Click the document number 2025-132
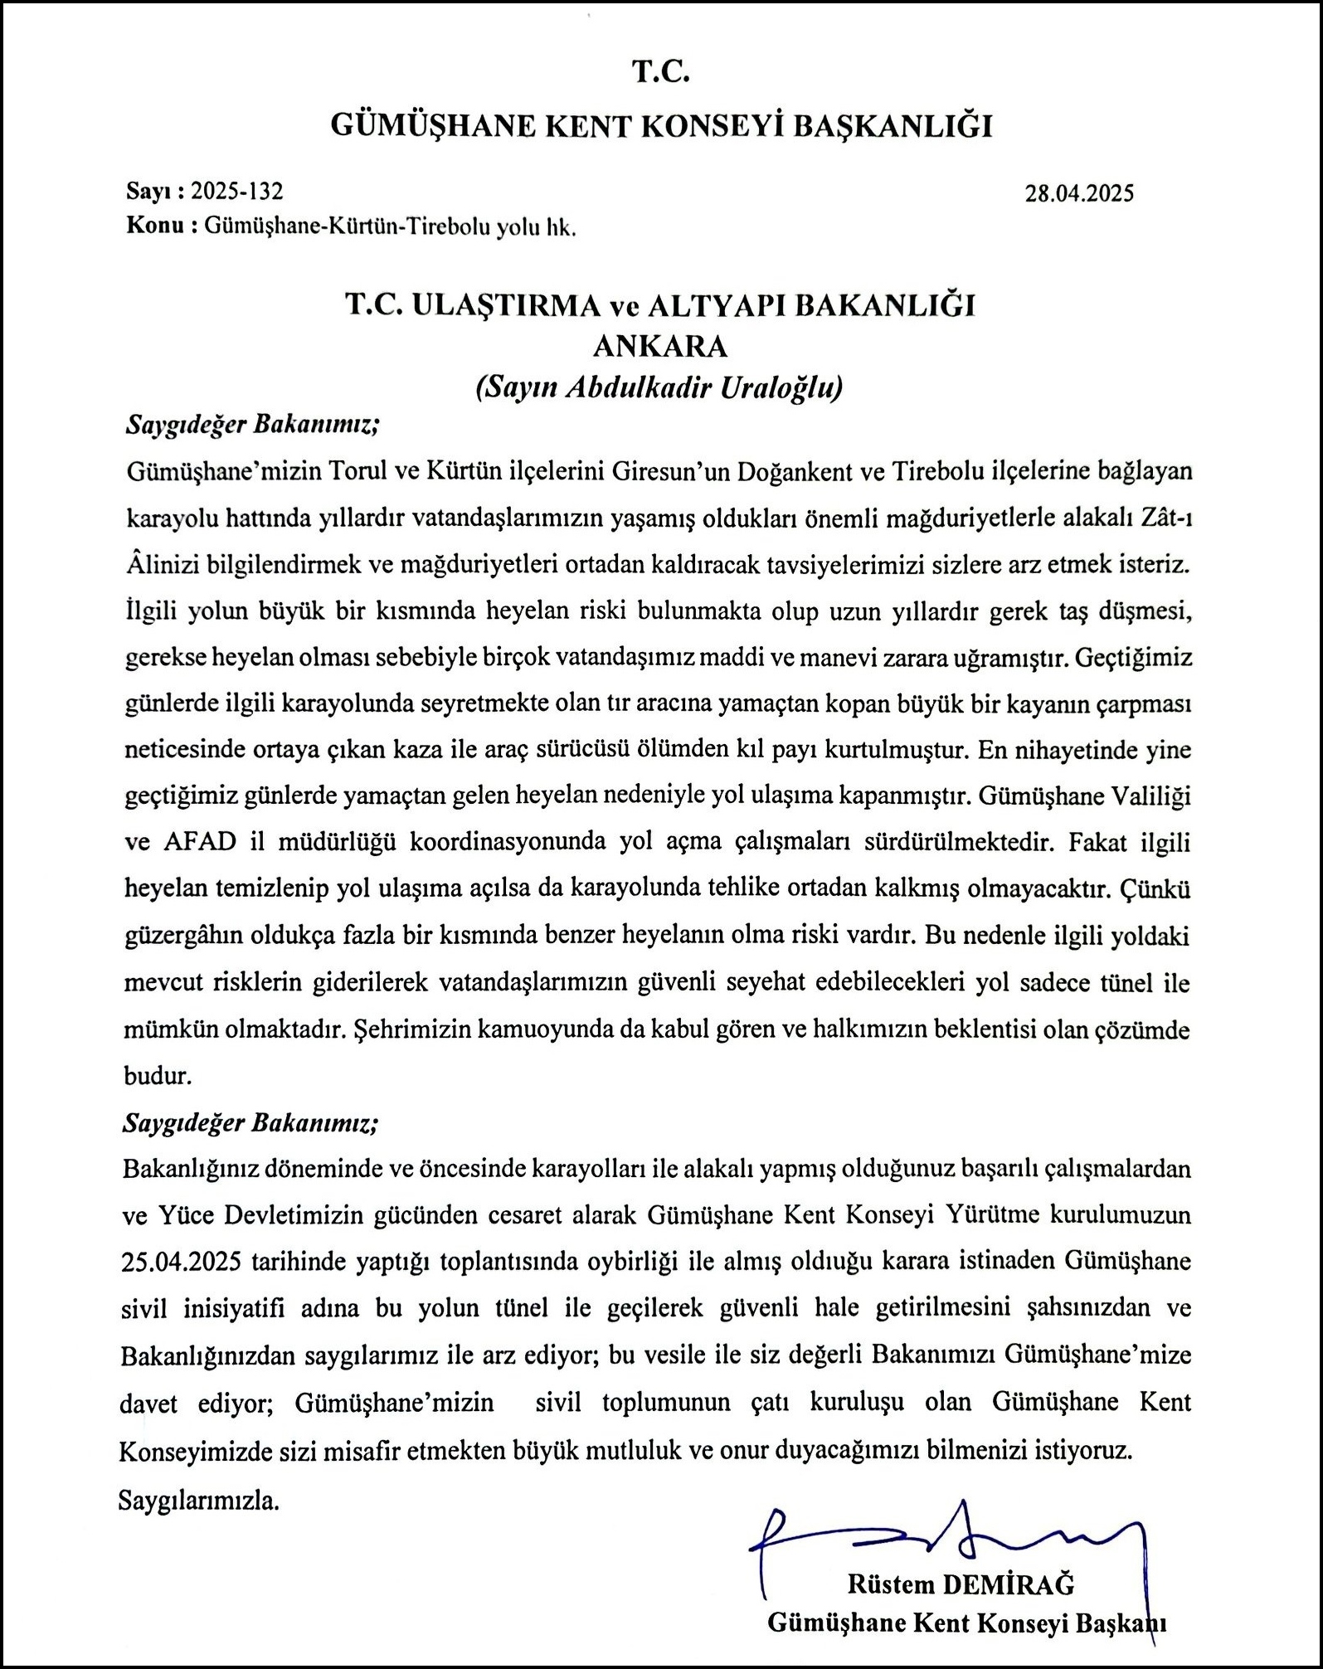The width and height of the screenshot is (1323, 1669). point(236,192)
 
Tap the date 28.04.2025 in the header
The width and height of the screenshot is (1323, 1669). point(1079,194)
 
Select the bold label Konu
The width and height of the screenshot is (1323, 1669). point(153,226)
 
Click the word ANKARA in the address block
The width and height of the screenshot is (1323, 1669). point(661,346)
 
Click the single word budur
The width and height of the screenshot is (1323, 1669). point(158,1076)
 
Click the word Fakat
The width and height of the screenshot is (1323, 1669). point(1097,842)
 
